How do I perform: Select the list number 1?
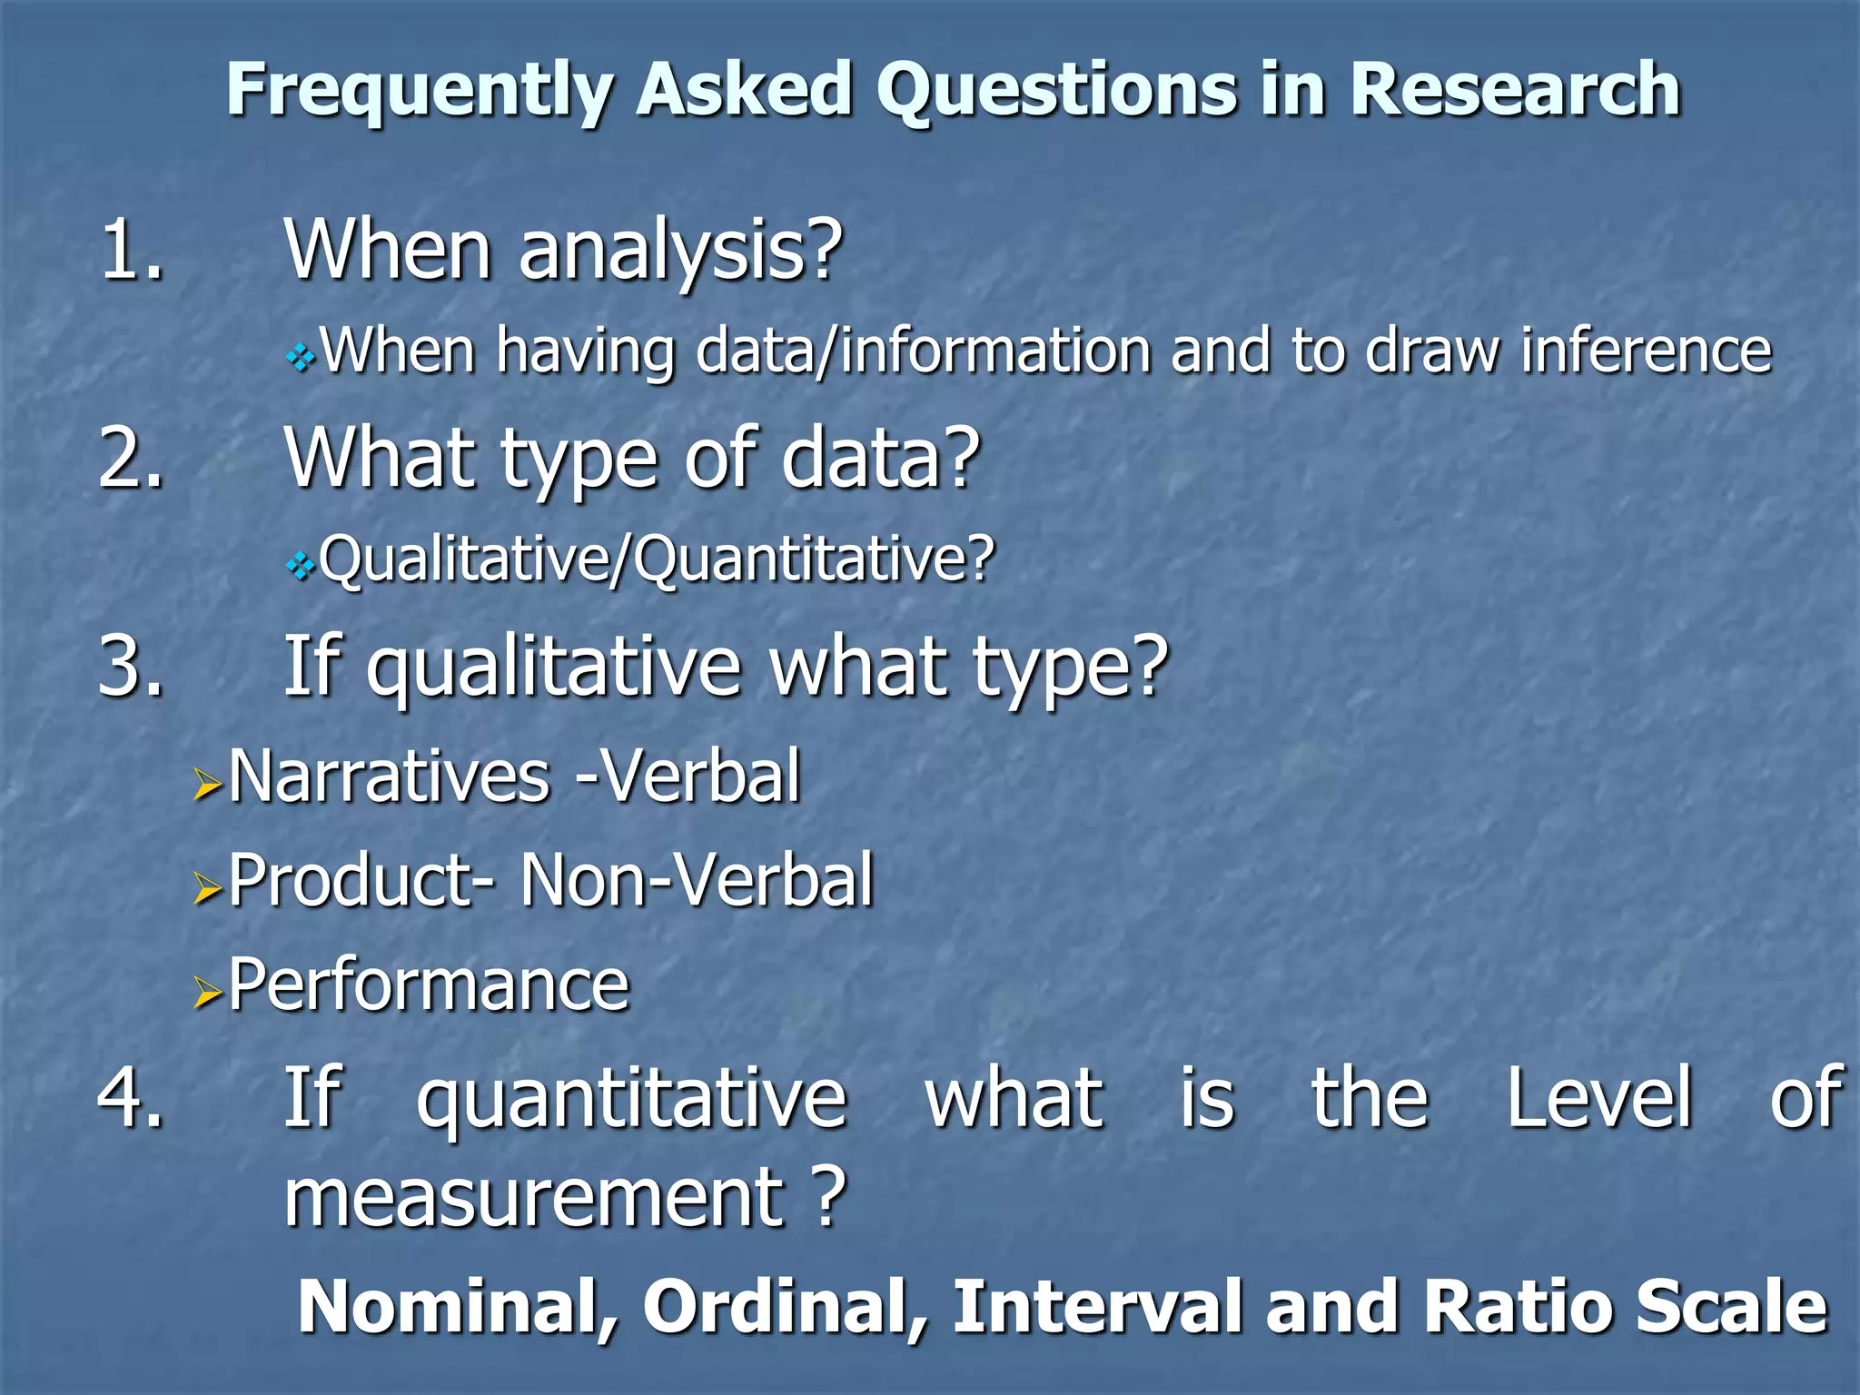[x=133, y=250]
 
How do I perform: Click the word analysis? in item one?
[x=680, y=252]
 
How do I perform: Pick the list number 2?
[x=133, y=459]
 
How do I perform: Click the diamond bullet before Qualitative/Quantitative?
[x=301, y=569]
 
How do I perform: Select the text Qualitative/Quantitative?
[x=657, y=560]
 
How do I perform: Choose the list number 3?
[x=133, y=668]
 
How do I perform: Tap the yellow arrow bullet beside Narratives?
[x=208, y=784]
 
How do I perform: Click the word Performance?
[x=428, y=984]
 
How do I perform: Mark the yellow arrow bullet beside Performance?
[x=208, y=994]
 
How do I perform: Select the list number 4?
[x=133, y=1098]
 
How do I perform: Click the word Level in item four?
[x=1598, y=1098]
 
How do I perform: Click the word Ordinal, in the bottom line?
[x=786, y=1307]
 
